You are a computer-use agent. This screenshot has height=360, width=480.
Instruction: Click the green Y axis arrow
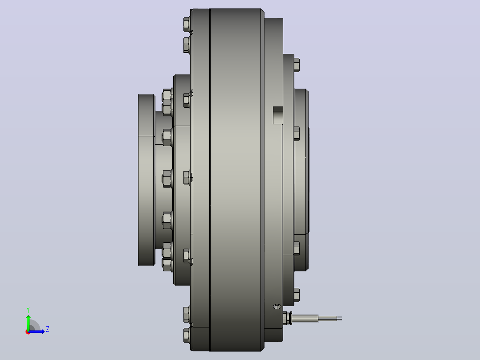tap(28, 322)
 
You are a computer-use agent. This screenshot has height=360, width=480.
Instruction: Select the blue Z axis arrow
tap(37, 331)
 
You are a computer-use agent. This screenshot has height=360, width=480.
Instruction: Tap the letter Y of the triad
tap(28, 310)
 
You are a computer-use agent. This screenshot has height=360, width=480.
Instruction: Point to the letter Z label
tap(48, 329)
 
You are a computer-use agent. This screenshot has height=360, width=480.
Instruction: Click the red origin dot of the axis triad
tap(28, 332)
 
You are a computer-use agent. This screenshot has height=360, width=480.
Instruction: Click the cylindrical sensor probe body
tap(305, 318)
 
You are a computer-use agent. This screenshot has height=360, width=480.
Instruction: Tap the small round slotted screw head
tap(277, 307)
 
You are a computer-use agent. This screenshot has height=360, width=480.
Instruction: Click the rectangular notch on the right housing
tap(278, 115)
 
